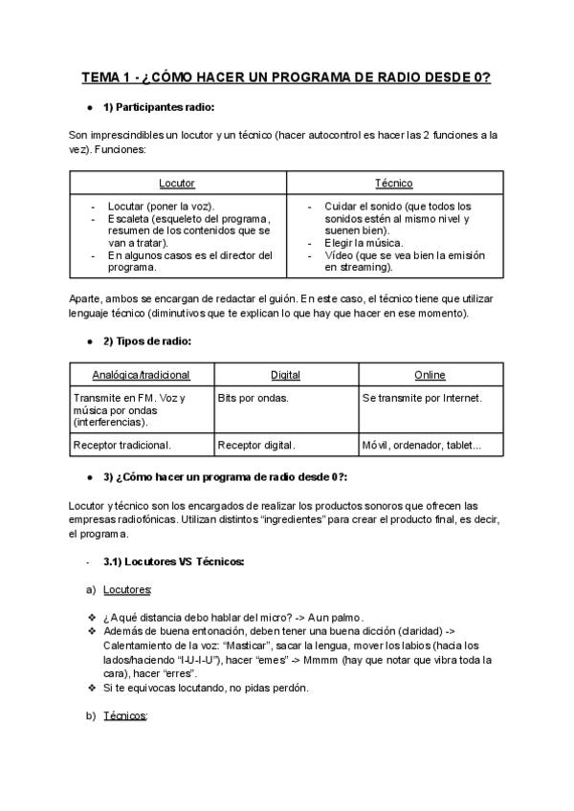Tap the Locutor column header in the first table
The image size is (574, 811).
click(177, 183)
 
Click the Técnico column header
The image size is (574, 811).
click(394, 183)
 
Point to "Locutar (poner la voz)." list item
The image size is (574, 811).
click(161, 206)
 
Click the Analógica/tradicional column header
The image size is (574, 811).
click(142, 375)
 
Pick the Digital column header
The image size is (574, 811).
click(285, 375)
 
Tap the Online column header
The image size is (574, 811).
click(430, 375)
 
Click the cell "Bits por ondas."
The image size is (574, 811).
click(253, 397)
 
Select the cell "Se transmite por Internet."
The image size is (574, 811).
click(422, 397)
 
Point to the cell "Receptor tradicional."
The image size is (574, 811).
click(121, 445)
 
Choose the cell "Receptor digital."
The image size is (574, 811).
click(256, 445)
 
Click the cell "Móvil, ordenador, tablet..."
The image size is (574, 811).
click(422, 445)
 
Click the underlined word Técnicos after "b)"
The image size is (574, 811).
click(124, 715)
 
